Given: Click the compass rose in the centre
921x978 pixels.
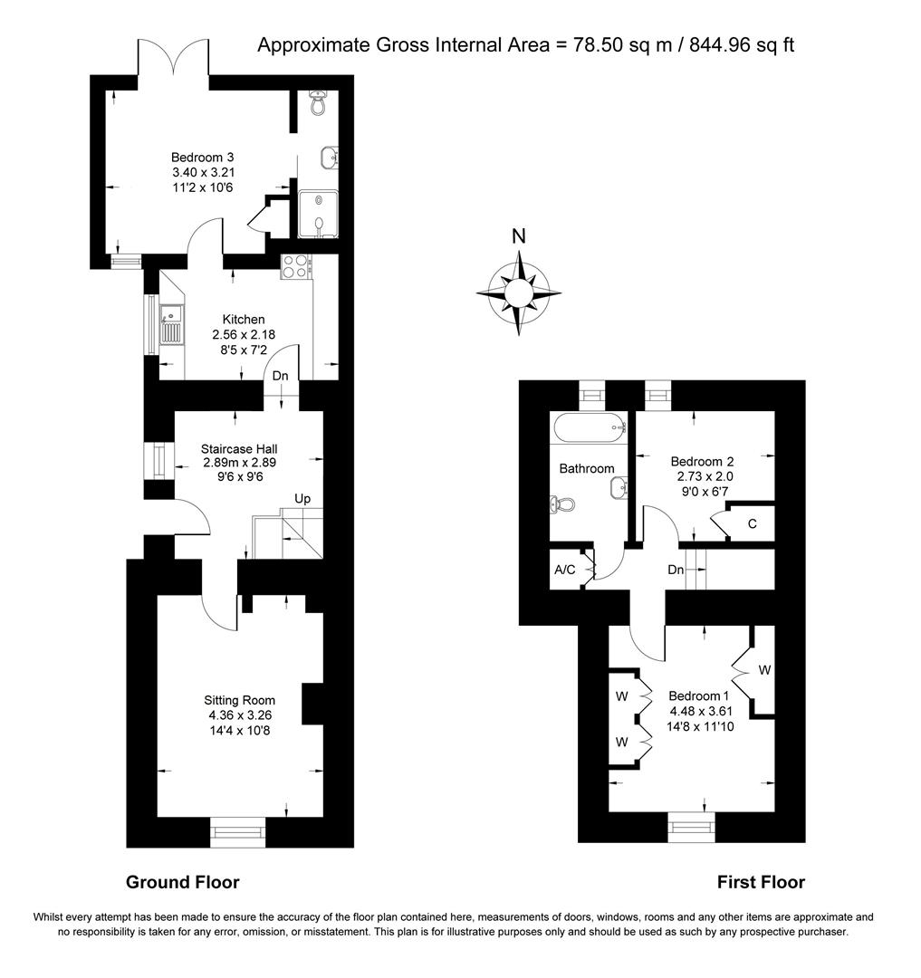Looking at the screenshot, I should [x=519, y=293].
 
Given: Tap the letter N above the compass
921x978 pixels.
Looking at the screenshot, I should [x=519, y=237].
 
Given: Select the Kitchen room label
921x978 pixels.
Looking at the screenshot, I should [x=244, y=319].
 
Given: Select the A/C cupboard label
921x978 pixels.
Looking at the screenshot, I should [x=565, y=570].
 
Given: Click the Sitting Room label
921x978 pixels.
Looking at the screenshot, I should [x=239, y=700].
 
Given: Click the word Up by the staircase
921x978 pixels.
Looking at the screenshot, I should [x=302, y=499].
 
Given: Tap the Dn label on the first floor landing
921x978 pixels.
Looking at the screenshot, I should [x=676, y=570].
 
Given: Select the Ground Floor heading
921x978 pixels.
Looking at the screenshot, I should [x=182, y=882].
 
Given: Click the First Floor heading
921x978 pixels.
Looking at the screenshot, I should [x=761, y=882].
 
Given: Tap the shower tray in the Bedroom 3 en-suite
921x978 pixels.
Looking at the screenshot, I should [x=317, y=214].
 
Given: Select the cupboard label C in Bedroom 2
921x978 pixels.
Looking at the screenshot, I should [x=753, y=523].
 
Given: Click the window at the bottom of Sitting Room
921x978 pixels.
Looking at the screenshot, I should [x=239, y=831].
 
